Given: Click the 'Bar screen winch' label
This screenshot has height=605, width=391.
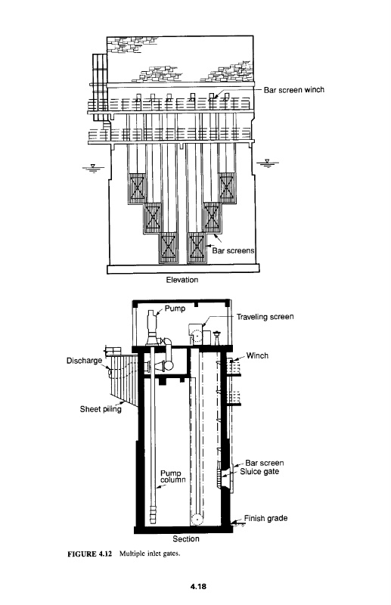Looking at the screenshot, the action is point(293,90).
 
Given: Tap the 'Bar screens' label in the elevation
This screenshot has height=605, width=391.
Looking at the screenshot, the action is point(233,250).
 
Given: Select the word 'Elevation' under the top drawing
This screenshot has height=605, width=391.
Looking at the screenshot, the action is point(182,280).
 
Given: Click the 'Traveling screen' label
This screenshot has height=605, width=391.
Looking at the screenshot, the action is point(265,317).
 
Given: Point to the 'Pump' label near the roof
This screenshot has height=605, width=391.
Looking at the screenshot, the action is point(175,309).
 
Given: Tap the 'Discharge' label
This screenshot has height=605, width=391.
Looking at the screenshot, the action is point(84,361).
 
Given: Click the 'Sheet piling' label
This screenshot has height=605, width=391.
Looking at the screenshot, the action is point(101,409).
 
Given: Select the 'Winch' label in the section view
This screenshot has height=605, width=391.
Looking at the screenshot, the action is point(257,355).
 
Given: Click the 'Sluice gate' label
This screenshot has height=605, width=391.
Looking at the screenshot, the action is point(259,471).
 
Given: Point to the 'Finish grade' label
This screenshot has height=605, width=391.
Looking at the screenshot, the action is point(265,518).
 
